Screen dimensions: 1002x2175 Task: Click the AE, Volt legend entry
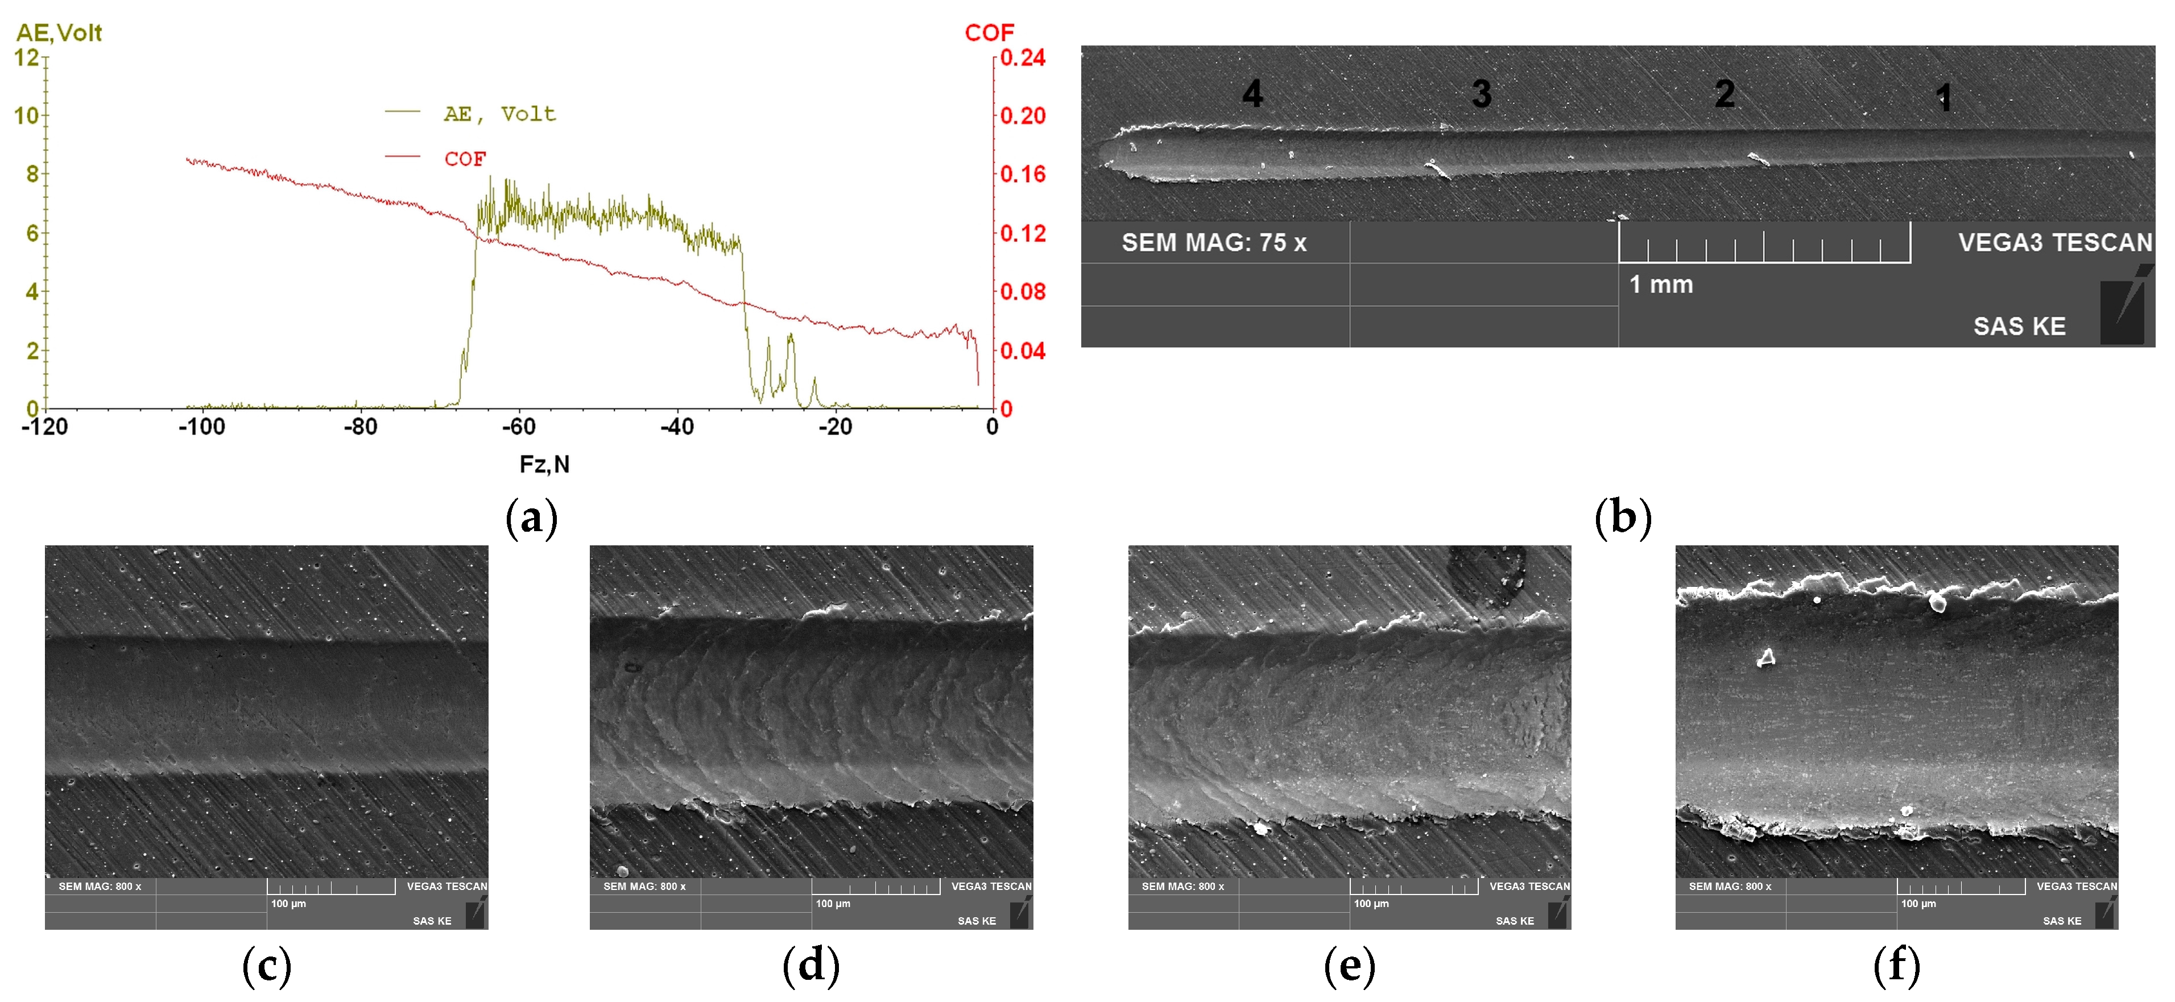tap(499, 114)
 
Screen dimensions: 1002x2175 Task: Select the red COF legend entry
tap(464, 159)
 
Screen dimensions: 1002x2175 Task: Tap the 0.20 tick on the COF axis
tap(1023, 115)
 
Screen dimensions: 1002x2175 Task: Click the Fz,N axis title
tap(544, 464)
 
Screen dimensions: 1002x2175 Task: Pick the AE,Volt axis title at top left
tap(59, 33)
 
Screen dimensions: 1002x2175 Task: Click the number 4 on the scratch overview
tap(1252, 94)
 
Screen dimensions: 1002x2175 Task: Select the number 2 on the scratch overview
tap(1724, 94)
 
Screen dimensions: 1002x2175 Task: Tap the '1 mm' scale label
tap(1661, 284)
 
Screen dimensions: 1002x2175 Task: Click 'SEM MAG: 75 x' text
tap(1213, 243)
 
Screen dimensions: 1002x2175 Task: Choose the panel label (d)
tap(811, 965)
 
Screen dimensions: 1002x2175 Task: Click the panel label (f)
tap(1896, 965)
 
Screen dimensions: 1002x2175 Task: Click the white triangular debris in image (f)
tap(1765, 657)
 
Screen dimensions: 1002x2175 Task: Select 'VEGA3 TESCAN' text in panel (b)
tap(2054, 243)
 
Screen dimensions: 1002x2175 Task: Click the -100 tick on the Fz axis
tap(202, 427)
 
